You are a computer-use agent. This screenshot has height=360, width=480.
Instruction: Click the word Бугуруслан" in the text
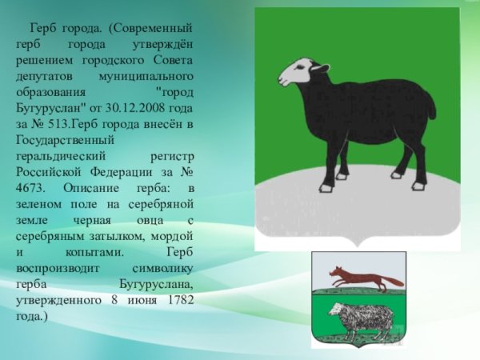tap(50, 108)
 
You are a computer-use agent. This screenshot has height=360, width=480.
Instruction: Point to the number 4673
tap(30, 188)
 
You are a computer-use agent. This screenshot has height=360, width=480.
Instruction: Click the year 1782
tap(182, 299)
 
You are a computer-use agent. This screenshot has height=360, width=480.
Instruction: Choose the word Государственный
tap(65, 141)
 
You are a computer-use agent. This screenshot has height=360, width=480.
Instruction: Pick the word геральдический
tap(61, 157)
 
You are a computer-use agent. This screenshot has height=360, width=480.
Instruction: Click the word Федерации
tap(121, 172)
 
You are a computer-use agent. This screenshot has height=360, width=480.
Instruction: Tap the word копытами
tap(94, 252)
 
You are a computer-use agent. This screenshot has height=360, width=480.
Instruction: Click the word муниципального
tap(146, 77)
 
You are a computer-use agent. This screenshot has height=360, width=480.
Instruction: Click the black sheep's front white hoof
tap(326, 187)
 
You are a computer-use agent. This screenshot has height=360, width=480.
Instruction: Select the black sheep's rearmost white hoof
tap(418, 185)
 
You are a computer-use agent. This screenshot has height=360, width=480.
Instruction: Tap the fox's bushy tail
tap(394, 281)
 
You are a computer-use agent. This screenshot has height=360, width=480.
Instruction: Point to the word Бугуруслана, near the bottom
tap(157, 284)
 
